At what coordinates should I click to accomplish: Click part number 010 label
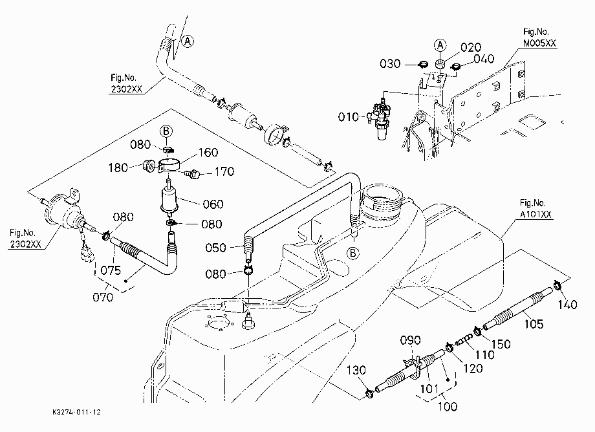348,117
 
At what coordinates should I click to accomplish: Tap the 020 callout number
471,47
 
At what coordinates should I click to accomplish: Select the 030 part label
390,64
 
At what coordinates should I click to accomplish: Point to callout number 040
484,59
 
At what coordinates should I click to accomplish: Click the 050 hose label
215,248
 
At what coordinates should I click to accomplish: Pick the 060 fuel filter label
213,204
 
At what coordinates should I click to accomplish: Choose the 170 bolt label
224,172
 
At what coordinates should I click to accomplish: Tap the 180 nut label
118,167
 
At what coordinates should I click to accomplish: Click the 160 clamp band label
208,153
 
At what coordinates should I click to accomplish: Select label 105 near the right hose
534,324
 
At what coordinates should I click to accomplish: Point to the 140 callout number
568,305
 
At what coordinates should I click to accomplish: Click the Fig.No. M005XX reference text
539,38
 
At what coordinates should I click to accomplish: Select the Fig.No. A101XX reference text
535,209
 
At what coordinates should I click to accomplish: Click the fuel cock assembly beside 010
380,118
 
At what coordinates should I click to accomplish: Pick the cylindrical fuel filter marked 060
169,197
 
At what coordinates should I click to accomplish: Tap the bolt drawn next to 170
192,174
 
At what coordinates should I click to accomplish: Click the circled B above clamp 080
166,131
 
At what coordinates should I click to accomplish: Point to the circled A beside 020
440,45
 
